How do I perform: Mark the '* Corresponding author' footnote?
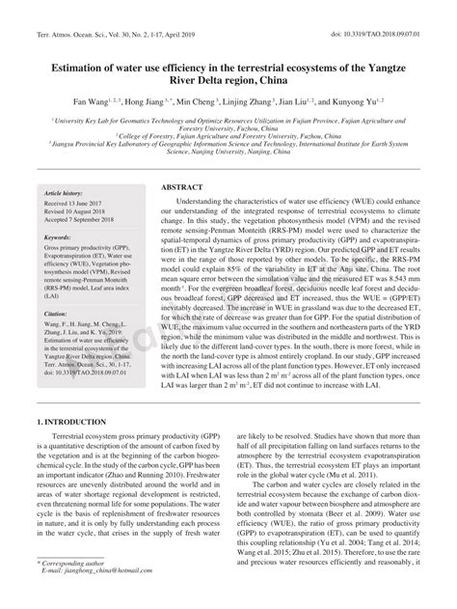point(72,588)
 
